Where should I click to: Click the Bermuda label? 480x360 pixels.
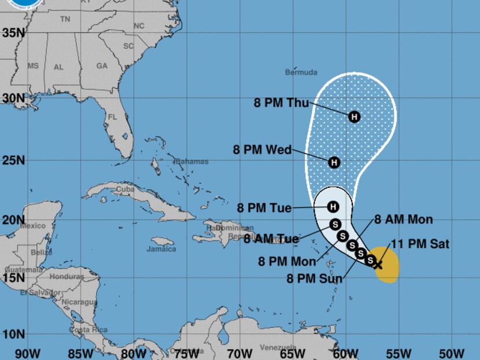coord(301,72)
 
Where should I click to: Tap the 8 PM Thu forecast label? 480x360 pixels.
coord(281,103)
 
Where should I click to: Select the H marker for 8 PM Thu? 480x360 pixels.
coord(354,116)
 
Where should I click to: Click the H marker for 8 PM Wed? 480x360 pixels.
coord(334,163)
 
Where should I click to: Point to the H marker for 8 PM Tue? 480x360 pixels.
coord(333,207)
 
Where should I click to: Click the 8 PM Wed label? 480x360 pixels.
coord(262,149)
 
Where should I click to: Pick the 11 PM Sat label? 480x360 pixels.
coord(420,244)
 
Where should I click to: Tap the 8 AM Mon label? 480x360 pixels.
coord(404,219)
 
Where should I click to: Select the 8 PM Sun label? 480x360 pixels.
coord(314,278)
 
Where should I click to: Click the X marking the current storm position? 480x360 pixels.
coord(378,265)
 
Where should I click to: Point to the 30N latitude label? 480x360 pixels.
coord(12,98)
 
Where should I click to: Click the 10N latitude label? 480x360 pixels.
coord(12,335)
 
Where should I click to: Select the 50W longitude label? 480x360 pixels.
coord(452,352)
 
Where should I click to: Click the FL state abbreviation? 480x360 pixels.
coord(112,117)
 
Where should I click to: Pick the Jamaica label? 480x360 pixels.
coord(161,249)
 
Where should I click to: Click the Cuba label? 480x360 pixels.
coord(125,189)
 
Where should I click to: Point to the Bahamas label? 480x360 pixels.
coord(192,161)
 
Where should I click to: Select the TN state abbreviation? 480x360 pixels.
coord(65,19)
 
